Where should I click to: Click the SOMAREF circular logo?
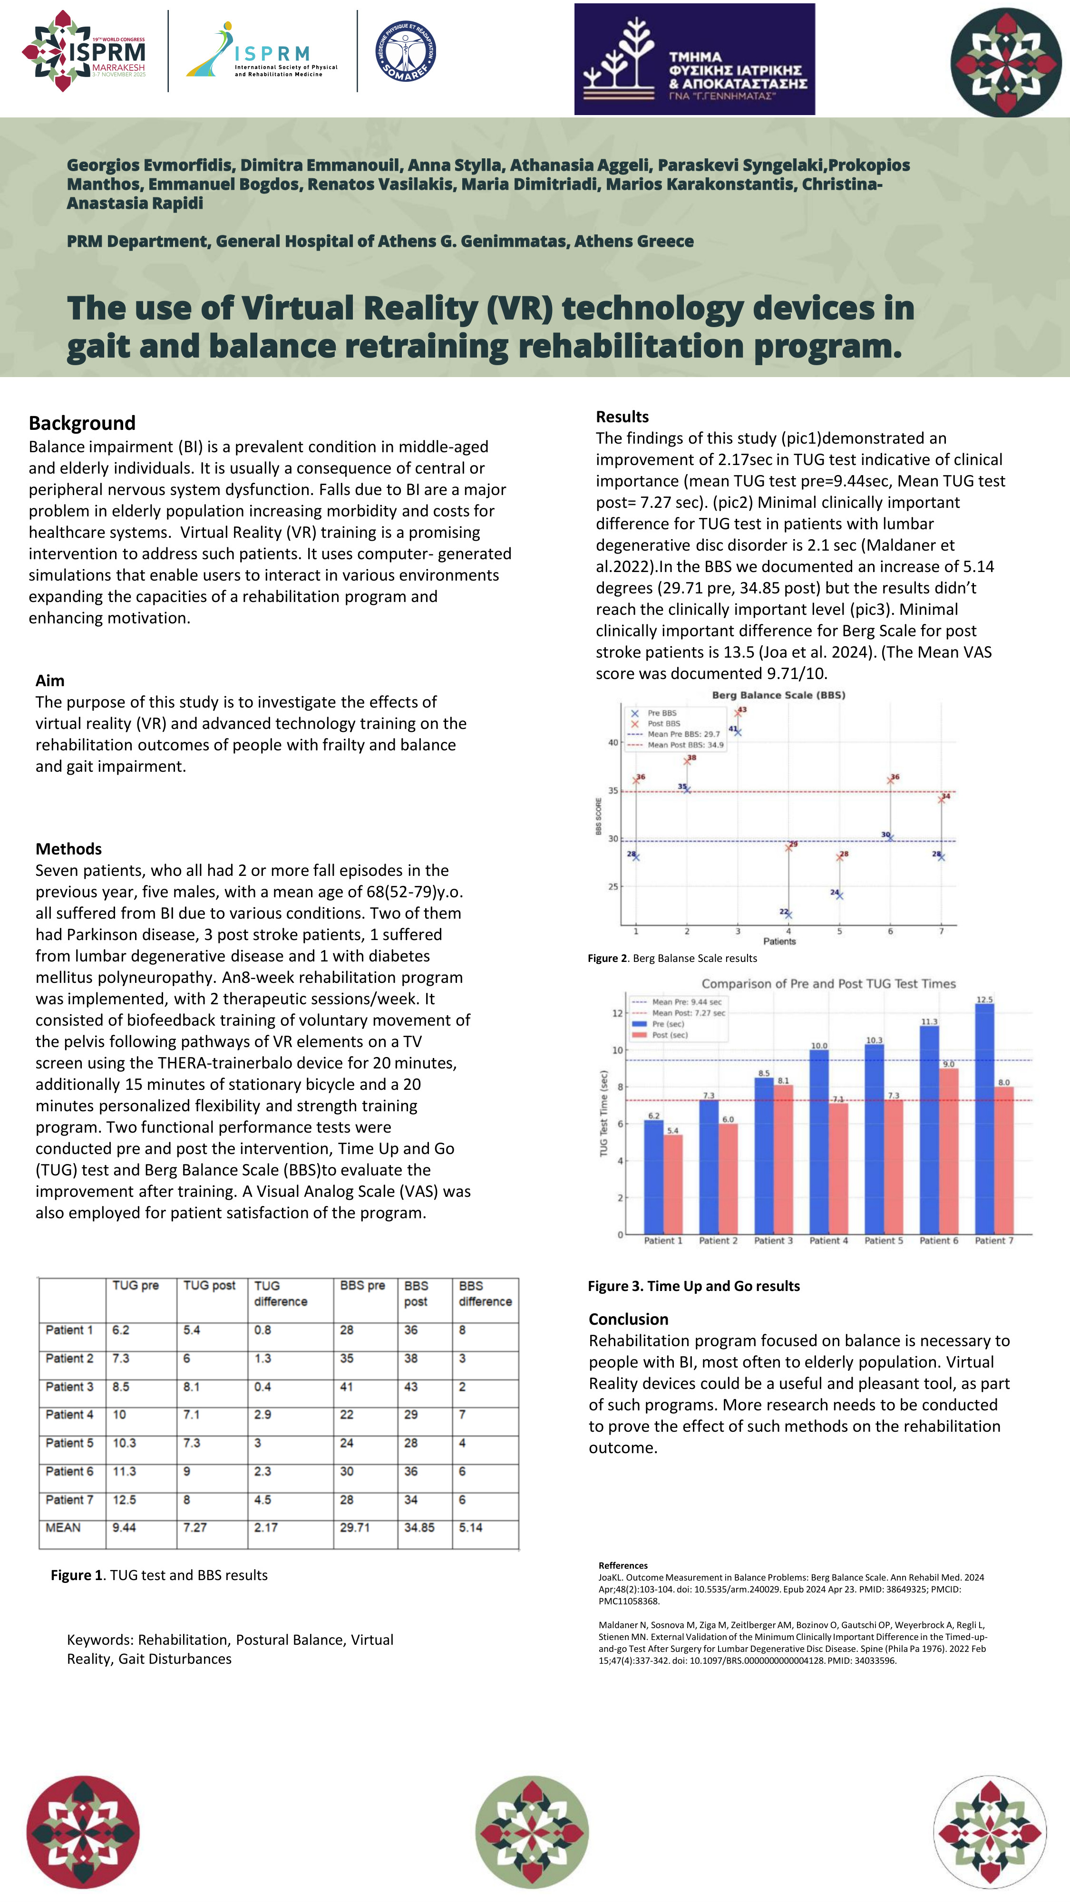click(406, 51)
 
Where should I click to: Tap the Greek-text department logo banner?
click(694, 59)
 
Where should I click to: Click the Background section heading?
click(82, 423)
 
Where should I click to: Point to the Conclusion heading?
click(628, 1320)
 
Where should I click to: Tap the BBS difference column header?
click(485, 1293)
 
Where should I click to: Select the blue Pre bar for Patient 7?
click(984, 1118)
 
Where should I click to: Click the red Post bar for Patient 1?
click(673, 1184)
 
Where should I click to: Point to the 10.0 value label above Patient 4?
click(819, 1046)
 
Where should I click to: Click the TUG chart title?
click(828, 983)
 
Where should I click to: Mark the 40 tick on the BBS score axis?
click(613, 743)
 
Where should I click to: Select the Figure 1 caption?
click(159, 1575)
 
